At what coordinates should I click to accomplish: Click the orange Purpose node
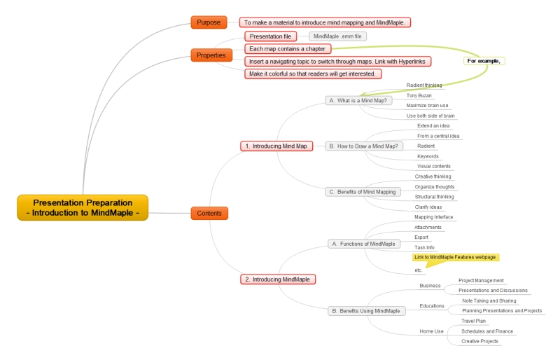209,22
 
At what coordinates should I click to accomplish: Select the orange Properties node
211,55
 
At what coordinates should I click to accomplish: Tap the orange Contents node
209,213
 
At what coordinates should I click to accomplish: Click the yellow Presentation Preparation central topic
83,207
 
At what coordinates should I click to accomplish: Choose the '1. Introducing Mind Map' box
276,146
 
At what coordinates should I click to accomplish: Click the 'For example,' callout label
484,61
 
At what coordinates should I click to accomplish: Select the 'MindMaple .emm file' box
337,36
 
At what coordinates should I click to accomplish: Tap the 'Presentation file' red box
270,36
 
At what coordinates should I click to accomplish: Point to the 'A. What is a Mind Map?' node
357,100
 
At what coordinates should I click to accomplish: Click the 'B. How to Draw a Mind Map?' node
364,146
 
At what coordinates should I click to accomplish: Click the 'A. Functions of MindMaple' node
363,244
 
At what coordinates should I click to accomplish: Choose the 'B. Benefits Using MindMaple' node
365,310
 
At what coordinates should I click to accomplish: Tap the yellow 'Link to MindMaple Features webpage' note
456,257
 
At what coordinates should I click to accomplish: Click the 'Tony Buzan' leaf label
419,95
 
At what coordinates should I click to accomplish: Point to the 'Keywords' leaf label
428,156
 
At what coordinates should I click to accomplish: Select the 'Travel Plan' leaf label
473,321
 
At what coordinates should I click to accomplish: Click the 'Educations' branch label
432,305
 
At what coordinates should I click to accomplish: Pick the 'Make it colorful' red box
313,74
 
